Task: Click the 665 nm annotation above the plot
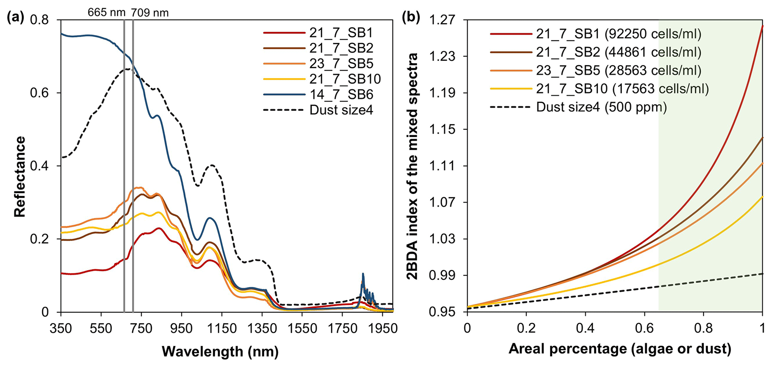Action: (106, 13)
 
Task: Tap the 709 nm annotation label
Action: (150, 13)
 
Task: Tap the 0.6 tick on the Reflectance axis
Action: (39, 93)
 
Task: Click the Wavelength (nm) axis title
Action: (220, 351)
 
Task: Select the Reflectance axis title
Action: (19, 176)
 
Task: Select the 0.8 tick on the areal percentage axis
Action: (703, 328)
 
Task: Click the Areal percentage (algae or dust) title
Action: (620, 349)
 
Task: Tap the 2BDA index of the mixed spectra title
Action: (413, 166)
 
